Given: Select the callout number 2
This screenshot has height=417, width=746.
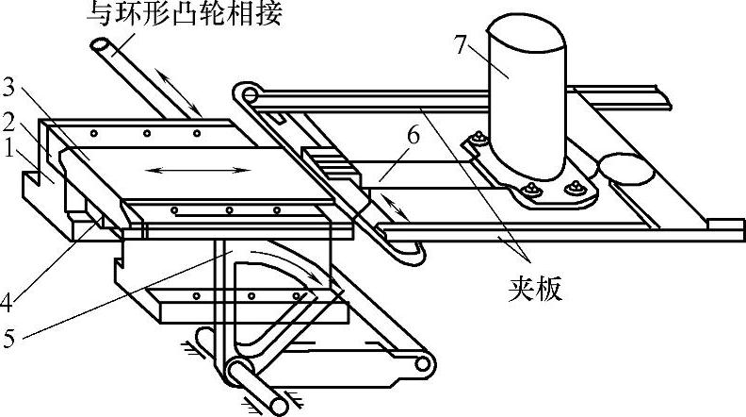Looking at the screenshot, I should point(9,122).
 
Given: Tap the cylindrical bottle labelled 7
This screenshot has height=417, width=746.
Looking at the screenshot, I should point(525,94).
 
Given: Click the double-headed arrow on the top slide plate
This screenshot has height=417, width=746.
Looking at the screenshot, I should point(203,171).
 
